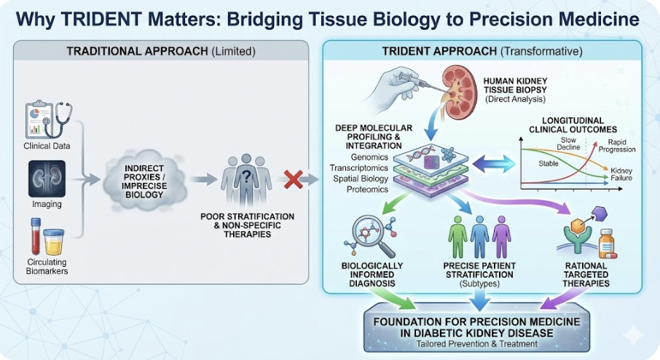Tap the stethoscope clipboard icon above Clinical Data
click(47, 119)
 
